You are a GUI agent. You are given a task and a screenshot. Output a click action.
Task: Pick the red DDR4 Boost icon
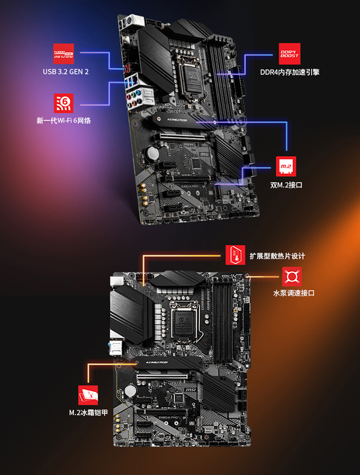click(289, 53)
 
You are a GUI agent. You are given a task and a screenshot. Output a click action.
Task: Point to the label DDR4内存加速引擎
click(289, 72)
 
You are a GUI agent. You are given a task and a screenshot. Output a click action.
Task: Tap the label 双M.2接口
click(286, 184)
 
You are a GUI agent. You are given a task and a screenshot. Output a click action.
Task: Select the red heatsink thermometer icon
click(236, 255)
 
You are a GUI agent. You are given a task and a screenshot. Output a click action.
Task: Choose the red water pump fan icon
click(292, 277)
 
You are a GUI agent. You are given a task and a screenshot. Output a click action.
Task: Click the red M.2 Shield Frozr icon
click(88, 395)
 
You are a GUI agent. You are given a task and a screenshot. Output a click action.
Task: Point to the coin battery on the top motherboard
click(152, 153)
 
